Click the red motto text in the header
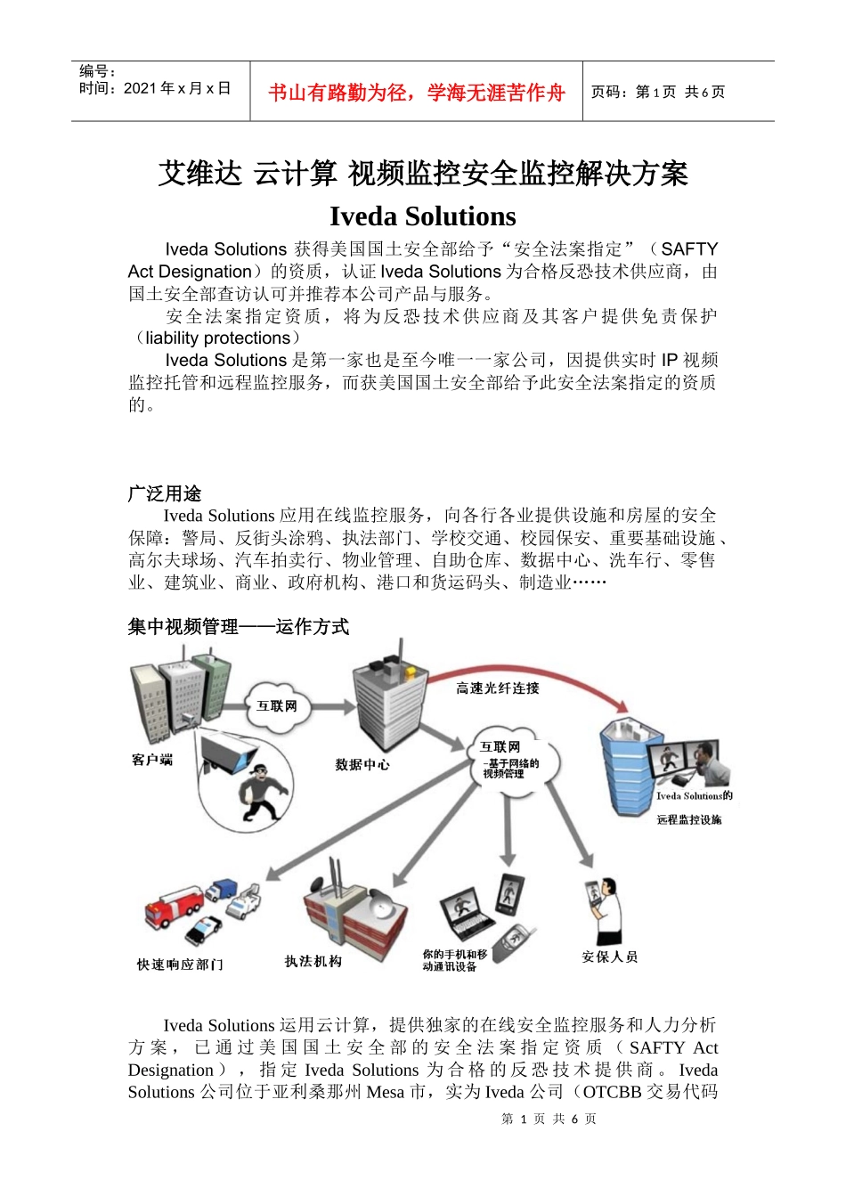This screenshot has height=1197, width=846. click(x=416, y=93)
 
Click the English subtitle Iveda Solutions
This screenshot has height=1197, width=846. click(x=422, y=216)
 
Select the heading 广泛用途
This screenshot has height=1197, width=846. click(x=165, y=493)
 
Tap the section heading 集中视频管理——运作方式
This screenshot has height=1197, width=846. click(x=238, y=627)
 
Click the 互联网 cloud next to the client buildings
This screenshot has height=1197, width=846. click(x=277, y=706)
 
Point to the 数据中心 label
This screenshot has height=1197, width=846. click(x=362, y=764)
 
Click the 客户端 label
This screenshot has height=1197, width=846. click(x=151, y=760)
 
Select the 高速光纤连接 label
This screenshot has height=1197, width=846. click(x=497, y=688)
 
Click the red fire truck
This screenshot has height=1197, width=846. click(x=175, y=908)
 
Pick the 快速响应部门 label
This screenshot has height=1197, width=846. click(x=180, y=965)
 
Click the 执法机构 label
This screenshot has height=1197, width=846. click(x=313, y=961)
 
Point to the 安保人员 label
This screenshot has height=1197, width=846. click(x=609, y=957)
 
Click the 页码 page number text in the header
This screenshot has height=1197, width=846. click(x=657, y=92)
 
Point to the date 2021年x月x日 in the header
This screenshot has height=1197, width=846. click(x=155, y=88)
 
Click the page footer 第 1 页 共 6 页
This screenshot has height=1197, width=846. click(x=549, y=1119)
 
